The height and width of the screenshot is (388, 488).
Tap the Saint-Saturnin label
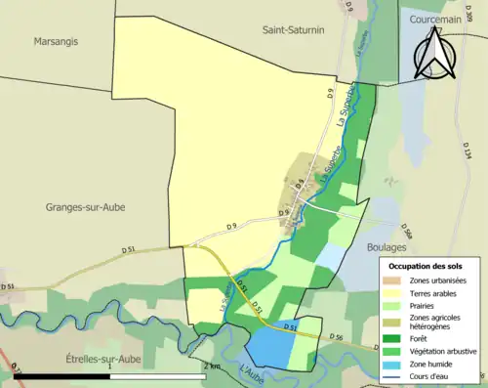point(294,30)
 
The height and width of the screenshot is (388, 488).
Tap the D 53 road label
point(8,286)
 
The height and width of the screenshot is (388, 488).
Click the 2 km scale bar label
point(214,366)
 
